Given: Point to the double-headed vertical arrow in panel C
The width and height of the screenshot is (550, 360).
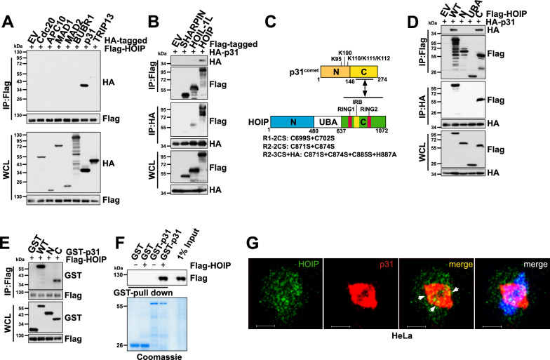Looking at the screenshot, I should point(366,88).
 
